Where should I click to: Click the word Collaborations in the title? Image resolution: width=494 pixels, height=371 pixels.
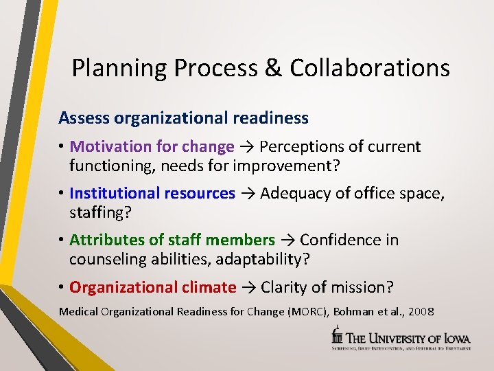coord(370,68)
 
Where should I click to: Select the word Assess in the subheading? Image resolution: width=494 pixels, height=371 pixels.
coord(84,118)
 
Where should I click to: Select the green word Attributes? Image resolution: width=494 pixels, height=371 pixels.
coord(105,240)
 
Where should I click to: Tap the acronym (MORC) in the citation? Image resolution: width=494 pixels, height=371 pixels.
coord(306,312)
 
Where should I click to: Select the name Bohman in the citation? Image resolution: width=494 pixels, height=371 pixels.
coord(355,312)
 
